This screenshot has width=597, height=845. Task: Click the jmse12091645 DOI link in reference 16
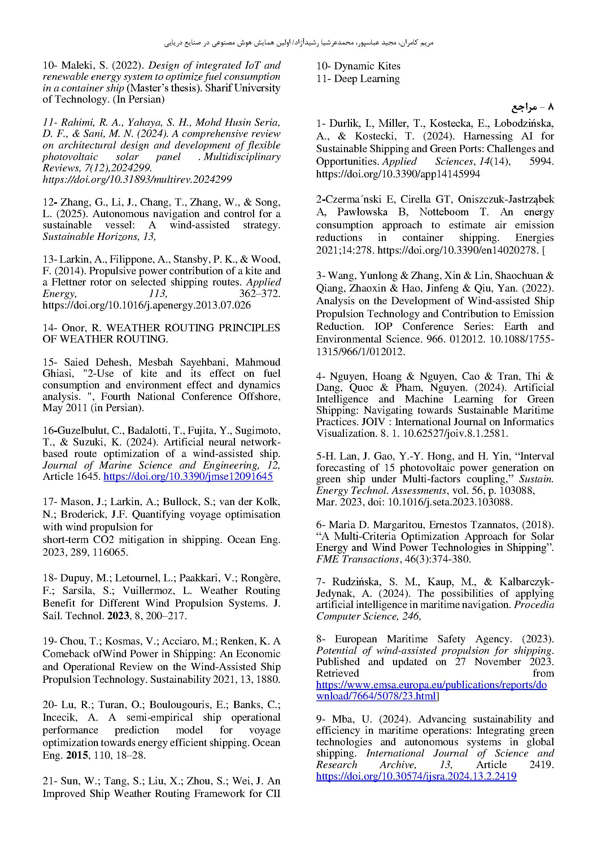click(188, 477)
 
